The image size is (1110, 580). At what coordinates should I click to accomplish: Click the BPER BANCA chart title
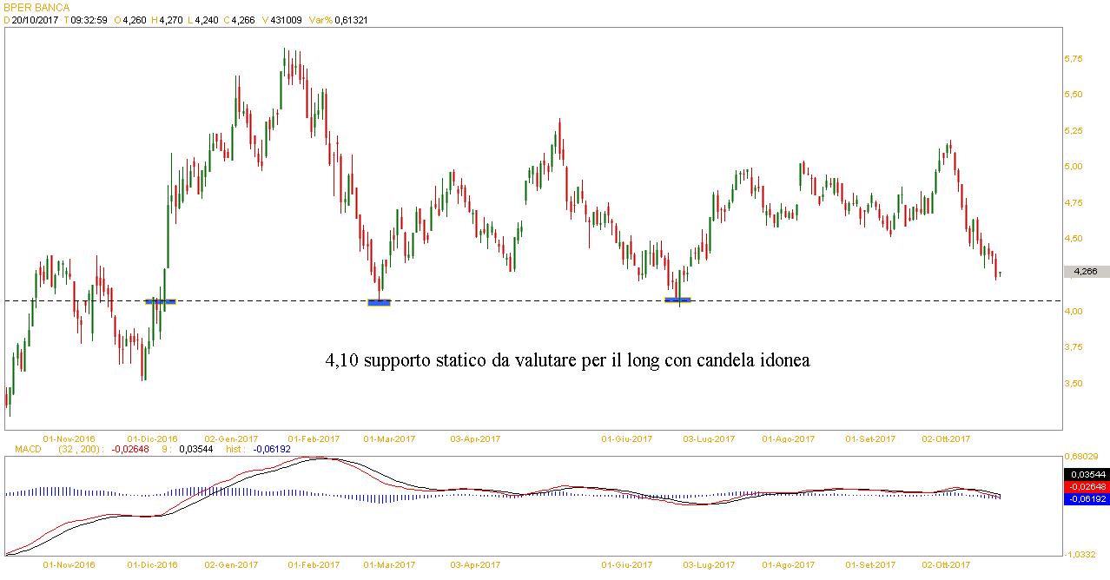click(x=36, y=7)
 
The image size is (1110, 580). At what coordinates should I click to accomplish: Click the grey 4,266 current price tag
click(x=1086, y=272)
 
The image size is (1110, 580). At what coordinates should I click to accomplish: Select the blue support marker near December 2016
click(x=161, y=301)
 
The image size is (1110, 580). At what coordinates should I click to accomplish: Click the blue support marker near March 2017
click(x=379, y=302)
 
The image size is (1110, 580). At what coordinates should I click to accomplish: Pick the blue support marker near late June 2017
click(x=677, y=300)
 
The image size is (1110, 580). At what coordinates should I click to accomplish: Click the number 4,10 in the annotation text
click(x=340, y=360)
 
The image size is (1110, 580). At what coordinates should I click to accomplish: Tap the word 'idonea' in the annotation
click(x=782, y=360)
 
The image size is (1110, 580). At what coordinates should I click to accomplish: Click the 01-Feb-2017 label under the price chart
click(x=314, y=438)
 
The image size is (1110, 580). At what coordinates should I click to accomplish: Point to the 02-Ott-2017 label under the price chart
click(x=946, y=438)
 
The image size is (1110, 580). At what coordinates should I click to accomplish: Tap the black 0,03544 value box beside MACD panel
click(x=1086, y=474)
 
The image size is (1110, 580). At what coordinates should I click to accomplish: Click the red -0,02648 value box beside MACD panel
click(x=1086, y=486)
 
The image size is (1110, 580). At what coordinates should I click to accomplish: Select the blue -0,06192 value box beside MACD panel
click(x=1086, y=499)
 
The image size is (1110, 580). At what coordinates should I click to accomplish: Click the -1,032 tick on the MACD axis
click(x=1080, y=553)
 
